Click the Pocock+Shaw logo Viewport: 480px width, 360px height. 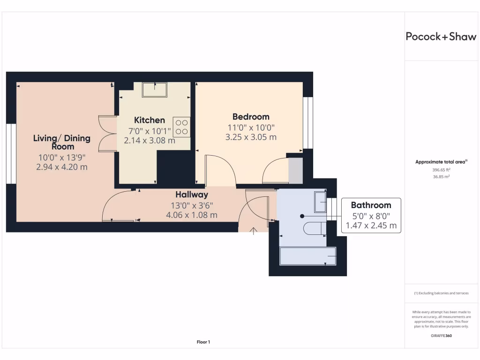click(x=441, y=37)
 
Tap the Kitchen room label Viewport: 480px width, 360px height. click(x=150, y=120)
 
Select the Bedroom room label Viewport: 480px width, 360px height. click(x=251, y=117)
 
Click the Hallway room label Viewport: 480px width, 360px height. click(x=192, y=195)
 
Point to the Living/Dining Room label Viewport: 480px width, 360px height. click(x=61, y=142)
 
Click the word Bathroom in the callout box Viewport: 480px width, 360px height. click(x=371, y=205)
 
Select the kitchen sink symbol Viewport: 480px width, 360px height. click(x=155, y=89)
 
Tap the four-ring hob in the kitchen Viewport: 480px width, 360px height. click(x=182, y=127)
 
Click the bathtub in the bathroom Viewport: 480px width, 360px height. click(x=308, y=256)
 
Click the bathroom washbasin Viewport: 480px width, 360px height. click(x=320, y=201)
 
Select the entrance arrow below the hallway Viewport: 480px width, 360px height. click(x=254, y=231)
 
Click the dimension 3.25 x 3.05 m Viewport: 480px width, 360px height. click(x=251, y=137)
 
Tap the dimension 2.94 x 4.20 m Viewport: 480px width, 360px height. click(x=61, y=166)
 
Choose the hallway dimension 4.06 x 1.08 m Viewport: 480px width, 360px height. click(x=192, y=215)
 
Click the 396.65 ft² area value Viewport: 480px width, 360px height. click(x=441, y=171)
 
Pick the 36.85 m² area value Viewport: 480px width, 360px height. click(x=441, y=177)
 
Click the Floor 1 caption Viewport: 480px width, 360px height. click(x=203, y=342)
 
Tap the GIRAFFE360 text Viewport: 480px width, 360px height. click(x=441, y=336)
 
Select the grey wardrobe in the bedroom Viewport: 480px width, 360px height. click(x=295, y=170)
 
